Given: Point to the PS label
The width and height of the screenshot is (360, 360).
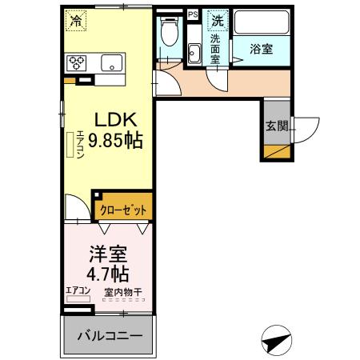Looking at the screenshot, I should pyautogui.click(x=193, y=14).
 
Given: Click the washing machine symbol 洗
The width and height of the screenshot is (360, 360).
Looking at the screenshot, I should pyautogui.click(x=217, y=20).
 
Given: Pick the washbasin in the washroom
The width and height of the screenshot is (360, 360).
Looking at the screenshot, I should pyautogui.click(x=194, y=54).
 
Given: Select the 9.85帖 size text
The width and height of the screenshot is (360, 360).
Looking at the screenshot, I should pyautogui.click(x=115, y=142).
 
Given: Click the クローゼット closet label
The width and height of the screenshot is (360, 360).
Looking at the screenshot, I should pyautogui.click(x=124, y=210).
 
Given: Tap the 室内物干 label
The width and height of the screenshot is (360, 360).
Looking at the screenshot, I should pyautogui.click(x=122, y=292).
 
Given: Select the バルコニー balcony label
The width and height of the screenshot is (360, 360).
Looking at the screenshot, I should pyautogui.click(x=109, y=336).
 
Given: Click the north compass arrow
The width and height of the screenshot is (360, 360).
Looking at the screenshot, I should pyautogui.click(x=274, y=340).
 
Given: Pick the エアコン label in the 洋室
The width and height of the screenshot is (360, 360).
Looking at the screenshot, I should pyautogui.click(x=78, y=291).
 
